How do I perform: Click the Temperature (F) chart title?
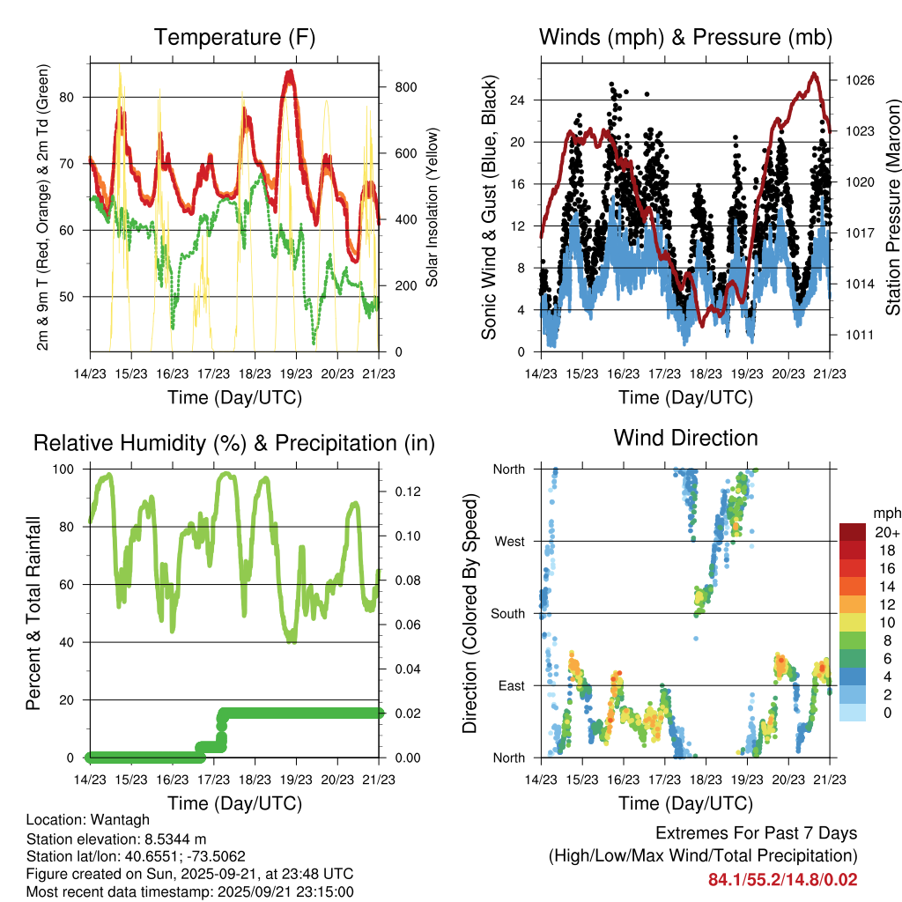233,38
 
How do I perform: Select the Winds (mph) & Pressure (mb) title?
685,38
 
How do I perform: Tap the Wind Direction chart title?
685,438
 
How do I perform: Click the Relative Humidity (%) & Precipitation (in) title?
233,443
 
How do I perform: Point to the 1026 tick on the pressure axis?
859,80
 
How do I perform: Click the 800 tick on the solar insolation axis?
405,87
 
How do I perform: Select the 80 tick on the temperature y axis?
73,97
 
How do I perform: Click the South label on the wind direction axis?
507,613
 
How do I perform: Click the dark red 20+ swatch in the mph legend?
854,532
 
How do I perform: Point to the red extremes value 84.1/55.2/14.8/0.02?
782,879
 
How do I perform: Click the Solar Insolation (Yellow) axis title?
432,207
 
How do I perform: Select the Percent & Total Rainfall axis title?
33,614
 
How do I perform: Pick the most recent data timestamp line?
189,891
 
